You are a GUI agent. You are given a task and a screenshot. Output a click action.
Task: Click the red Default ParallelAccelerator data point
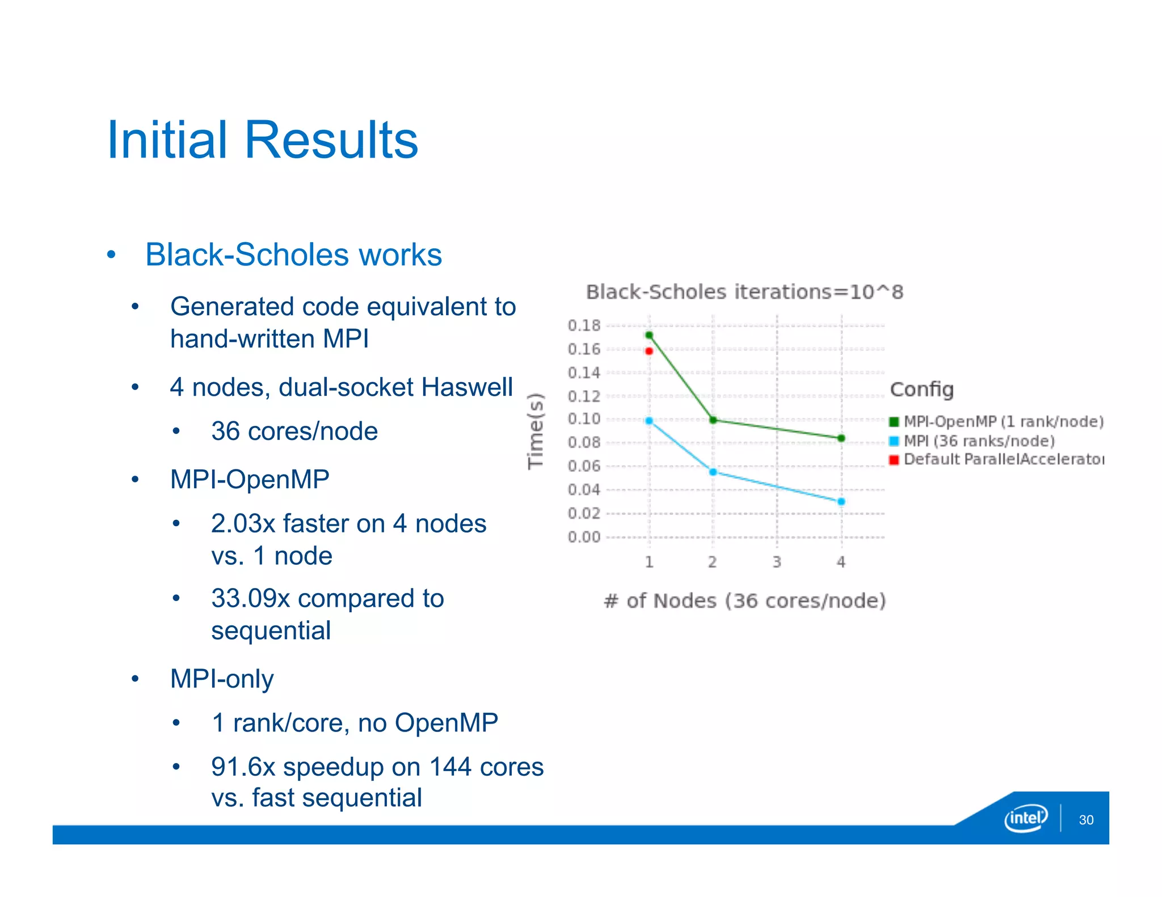coord(649,351)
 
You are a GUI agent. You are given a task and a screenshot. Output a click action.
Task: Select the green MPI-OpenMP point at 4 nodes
coord(841,438)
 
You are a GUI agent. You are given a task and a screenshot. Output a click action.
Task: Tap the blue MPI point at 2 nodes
coord(713,472)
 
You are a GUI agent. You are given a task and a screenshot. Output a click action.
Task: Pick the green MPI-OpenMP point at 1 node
coord(649,335)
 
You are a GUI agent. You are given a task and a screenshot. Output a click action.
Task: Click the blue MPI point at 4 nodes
coord(841,502)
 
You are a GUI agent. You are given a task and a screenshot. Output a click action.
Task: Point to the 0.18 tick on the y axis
coord(584,325)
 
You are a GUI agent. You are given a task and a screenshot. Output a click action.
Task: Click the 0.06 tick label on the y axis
coord(584,466)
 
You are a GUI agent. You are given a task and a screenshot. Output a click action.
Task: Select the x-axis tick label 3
coord(777,562)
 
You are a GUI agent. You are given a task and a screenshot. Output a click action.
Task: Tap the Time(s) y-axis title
coord(536,431)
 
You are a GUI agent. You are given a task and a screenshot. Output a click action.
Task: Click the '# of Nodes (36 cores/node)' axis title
coord(744,600)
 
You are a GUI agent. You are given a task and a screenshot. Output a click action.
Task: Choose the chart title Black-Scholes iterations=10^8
coord(744,292)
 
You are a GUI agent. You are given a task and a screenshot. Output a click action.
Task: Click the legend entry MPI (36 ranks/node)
coord(979,441)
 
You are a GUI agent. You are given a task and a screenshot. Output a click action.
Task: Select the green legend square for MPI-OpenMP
coord(894,421)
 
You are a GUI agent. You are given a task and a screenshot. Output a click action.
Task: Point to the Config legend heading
coord(921,390)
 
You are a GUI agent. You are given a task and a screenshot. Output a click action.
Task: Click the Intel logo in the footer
coord(1026,818)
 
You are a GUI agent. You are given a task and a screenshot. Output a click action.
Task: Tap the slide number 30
coord(1086,820)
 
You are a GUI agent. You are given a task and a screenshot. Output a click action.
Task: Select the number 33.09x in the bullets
coord(250,598)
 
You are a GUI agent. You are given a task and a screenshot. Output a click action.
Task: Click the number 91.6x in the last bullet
coord(243,767)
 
